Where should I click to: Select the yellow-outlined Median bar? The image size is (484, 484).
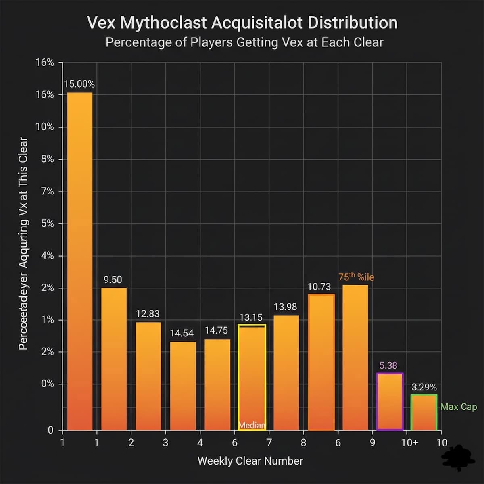click(252, 377)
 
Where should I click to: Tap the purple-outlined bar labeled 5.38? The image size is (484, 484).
click(390, 402)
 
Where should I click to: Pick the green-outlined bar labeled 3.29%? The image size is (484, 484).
click(424, 412)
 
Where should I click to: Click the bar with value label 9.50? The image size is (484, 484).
click(114, 359)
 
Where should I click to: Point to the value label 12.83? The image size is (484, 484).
click(148, 313)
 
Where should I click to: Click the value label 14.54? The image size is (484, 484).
click(182, 333)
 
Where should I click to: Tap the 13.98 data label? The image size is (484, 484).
click(285, 307)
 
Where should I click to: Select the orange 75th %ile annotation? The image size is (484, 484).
click(356, 277)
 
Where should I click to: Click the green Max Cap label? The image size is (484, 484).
click(459, 407)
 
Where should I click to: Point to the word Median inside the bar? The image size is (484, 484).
click(252, 425)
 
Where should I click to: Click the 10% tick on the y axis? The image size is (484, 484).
click(45, 127)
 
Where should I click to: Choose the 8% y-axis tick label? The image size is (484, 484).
click(47, 159)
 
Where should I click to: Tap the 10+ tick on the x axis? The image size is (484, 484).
click(409, 443)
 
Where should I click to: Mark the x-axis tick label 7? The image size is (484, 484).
click(269, 443)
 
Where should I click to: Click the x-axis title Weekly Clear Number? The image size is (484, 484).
click(250, 461)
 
